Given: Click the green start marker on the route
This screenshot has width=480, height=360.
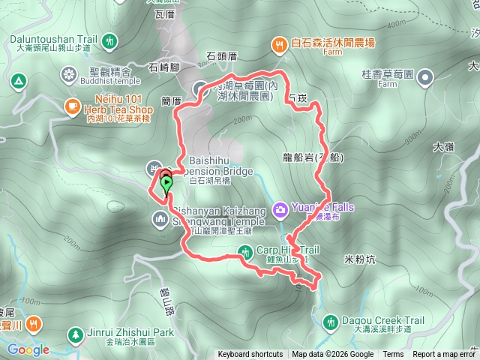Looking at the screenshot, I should tap(166, 182).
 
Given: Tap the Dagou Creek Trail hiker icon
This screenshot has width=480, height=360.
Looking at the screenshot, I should tap(328, 322).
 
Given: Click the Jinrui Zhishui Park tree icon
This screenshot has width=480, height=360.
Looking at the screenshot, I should tap(74, 334).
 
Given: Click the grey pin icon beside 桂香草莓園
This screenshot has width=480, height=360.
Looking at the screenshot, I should tap(425, 76).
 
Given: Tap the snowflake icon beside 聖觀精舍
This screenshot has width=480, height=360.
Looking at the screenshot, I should tap(69, 73).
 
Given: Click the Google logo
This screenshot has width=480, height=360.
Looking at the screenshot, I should tap(28, 349).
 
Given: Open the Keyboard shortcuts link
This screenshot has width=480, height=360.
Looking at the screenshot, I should tap(250, 355).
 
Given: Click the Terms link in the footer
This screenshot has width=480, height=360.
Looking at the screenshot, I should tap(393, 355).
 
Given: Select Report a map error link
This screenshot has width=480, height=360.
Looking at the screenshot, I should tap(444, 355).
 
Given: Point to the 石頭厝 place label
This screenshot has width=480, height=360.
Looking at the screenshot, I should tap(221, 55).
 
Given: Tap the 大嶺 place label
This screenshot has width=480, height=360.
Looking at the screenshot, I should tap(443, 147).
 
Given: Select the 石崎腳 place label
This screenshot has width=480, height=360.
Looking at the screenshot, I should tap(164, 67).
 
